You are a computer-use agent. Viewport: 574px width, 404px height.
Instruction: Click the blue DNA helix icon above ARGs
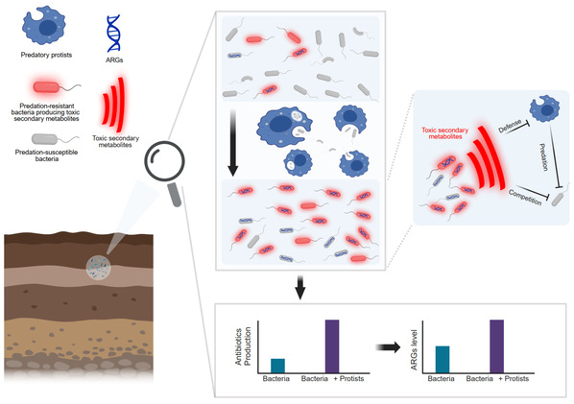tap(113, 33)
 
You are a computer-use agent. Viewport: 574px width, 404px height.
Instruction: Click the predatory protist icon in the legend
tap(44, 25)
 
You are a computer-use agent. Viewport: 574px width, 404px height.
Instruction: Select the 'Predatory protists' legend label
tap(46, 55)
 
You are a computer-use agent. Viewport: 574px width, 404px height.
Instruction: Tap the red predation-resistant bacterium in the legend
tap(46, 87)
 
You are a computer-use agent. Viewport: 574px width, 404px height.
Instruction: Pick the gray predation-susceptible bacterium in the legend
tap(45, 139)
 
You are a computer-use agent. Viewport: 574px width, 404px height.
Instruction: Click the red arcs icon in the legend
tap(113, 105)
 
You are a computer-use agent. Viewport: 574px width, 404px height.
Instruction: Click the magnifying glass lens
tap(164, 160)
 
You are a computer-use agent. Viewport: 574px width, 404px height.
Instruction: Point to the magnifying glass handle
tap(175, 195)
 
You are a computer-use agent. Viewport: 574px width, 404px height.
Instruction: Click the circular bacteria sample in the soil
tap(98, 268)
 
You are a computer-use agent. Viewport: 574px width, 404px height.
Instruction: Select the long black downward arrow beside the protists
tap(233, 143)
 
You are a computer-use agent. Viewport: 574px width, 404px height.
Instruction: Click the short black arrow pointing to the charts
tap(300, 288)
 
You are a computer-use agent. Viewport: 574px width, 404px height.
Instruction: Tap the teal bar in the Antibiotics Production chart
tap(277, 366)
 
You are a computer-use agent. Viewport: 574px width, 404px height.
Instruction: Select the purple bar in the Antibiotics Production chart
tap(332, 346)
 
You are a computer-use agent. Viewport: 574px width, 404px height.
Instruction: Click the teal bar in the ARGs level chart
tap(442, 359)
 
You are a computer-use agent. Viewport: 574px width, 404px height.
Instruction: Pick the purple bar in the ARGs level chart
tap(497, 346)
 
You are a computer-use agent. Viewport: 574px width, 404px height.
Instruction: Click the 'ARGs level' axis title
tap(414, 350)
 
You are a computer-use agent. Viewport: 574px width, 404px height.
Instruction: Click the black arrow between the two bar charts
tap(389, 347)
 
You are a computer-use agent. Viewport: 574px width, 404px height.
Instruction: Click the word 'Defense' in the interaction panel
tap(510, 126)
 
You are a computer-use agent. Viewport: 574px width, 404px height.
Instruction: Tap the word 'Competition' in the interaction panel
tap(525, 198)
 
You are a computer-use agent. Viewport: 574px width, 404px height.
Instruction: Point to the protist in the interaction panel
tap(545, 108)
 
